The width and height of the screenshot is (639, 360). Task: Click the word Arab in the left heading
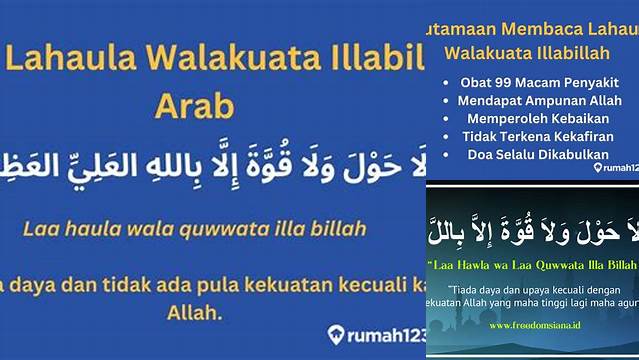pos(197,105)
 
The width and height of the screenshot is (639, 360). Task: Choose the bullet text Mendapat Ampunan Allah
pos(537,100)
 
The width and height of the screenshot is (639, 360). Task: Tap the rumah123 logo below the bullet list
pos(613,167)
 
